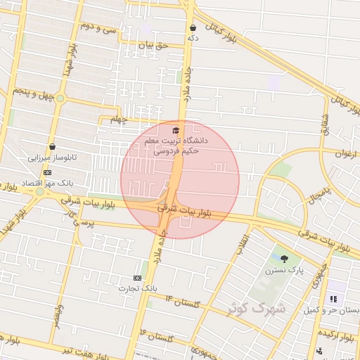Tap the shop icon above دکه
[192, 28]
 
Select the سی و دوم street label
[97, 29]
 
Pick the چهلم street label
[118, 120]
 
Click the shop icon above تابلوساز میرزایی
[52, 146]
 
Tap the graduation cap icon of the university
[175, 130]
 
